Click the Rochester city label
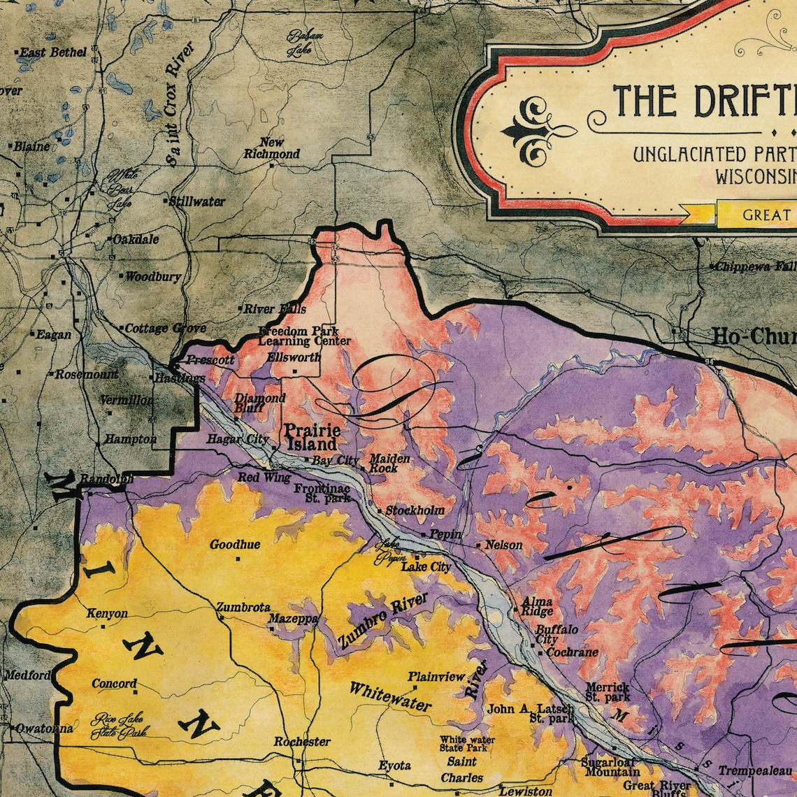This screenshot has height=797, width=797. [x=302, y=741]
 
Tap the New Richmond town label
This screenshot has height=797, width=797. [x=272, y=148]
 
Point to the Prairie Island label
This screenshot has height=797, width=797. [x=311, y=437]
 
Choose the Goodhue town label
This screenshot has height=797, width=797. [x=235, y=545]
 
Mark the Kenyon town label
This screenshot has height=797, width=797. [x=107, y=614]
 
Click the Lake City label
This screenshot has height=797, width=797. [x=426, y=567]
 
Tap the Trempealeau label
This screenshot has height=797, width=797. [x=756, y=770]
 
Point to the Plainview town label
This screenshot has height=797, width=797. [x=436, y=676]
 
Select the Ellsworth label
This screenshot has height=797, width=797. [x=294, y=357]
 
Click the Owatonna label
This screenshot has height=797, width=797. [x=43, y=728]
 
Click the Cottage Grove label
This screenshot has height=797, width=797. [x=165, y=328]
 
